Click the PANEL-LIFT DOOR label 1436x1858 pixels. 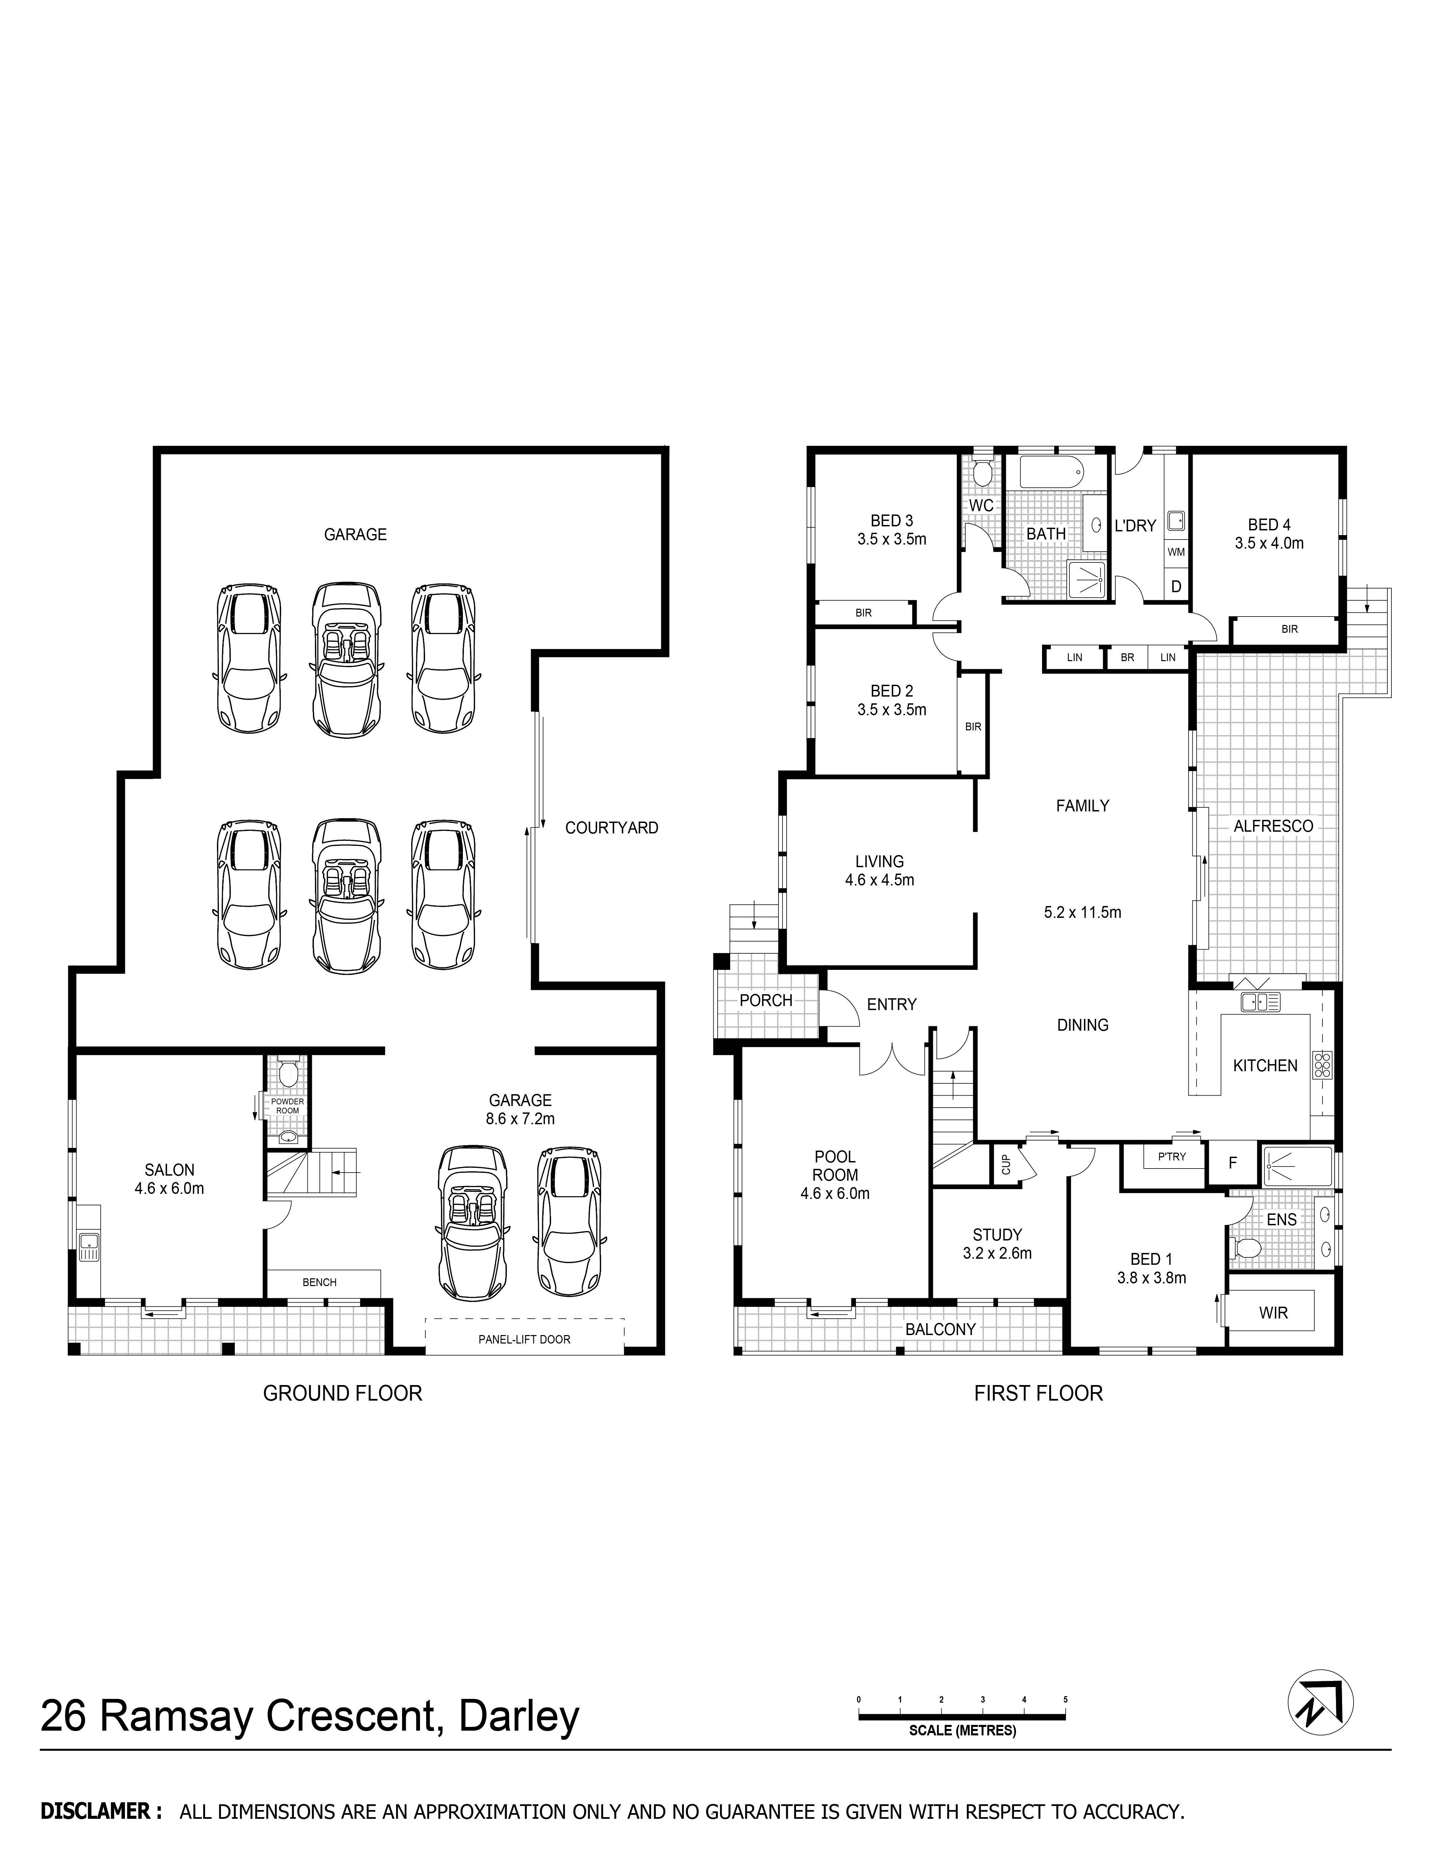[x=524, y=1339]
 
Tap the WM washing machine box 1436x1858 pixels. [x=1176, y=551]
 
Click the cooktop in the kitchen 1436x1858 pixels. [x=1323, y=1065]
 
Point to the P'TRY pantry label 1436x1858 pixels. [x=1171, y=1156]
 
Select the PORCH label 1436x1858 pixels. [x=766, y=1001]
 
